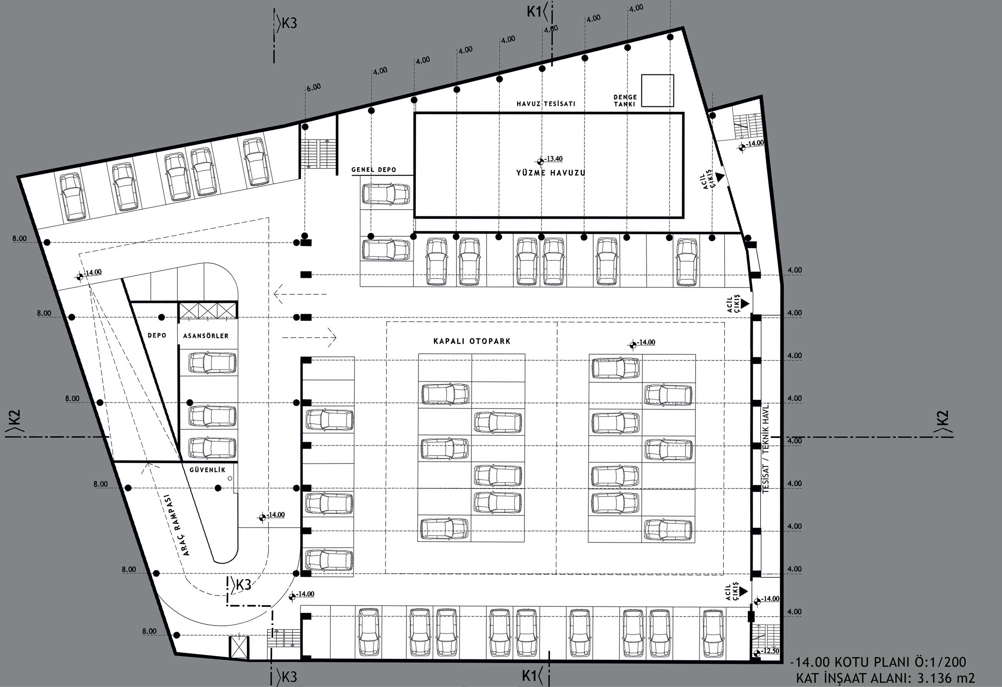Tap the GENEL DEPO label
tap(373, 169)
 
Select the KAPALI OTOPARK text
tap(472, 341)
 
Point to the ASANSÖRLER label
tap(206, 335)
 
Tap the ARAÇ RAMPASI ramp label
tap(178, 524)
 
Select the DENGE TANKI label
tap(625, 101)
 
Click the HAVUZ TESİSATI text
tap(546, 104)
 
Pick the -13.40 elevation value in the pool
tap(553, 159)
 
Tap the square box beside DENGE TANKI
tap(657, 91)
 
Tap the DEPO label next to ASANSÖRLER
tap(157, 335)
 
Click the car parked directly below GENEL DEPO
tap(386, 194)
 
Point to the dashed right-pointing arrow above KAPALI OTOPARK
tap(309, 337)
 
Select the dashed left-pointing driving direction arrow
tap(300, 294)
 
